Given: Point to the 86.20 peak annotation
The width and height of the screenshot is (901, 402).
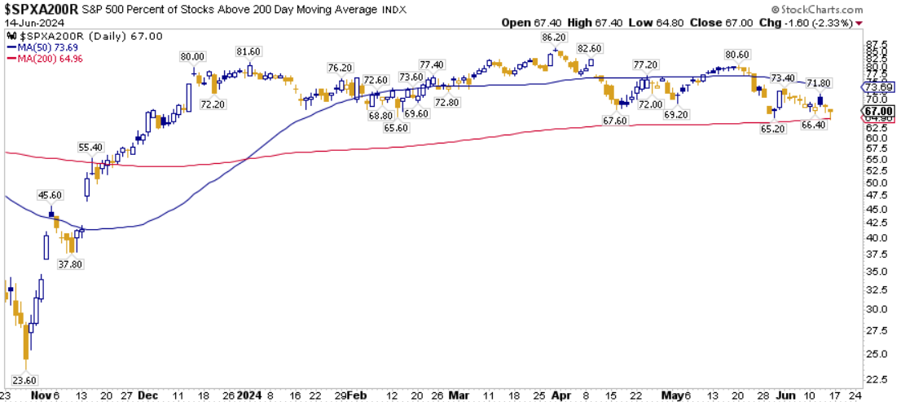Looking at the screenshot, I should tap(554, 38).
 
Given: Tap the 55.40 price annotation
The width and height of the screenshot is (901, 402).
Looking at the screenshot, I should tap(90, 147).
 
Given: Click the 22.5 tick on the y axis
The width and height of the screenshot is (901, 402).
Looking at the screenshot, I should tap(876, 380).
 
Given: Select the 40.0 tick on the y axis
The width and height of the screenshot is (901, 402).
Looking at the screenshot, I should tap(876, 238).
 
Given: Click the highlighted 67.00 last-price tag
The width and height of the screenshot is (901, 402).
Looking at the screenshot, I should tap(881, 112).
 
